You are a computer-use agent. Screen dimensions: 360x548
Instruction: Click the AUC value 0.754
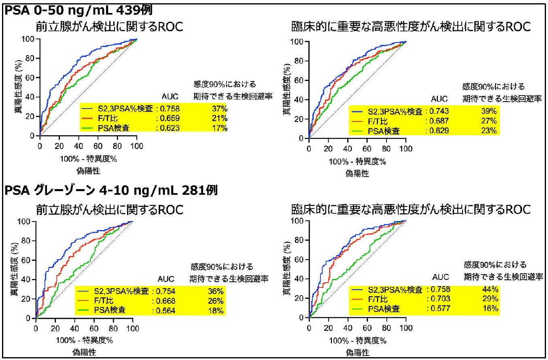coord(166,290)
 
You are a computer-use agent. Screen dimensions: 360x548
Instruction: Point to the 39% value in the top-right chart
coord(491,111)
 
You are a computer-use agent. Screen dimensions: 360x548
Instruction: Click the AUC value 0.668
coord(166,300)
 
